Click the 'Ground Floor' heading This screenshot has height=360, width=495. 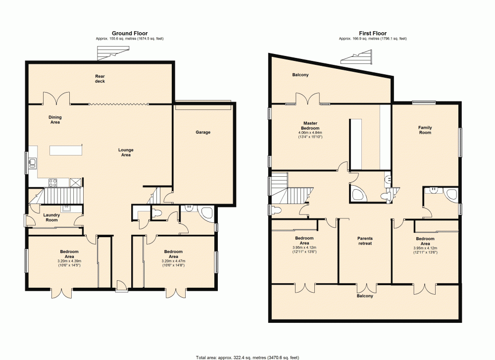coord(129,34)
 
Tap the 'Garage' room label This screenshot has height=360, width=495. coord(203,132)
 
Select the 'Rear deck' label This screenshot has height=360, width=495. coord(100,79)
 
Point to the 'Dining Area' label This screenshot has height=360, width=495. coord(55,119)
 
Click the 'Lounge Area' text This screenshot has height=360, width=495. coord(126,152)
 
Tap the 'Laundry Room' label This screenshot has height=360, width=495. coord(51,217)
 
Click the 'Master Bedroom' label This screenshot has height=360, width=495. coord(310,126)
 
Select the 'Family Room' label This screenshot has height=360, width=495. coord(425,130)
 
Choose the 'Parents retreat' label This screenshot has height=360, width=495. coord(365,241)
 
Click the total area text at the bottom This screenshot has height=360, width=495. coord(247,357)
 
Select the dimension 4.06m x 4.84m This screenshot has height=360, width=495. coord(310,133)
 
